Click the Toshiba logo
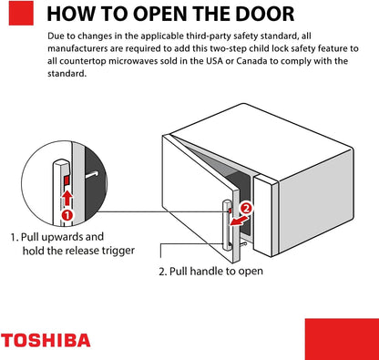pyautogui.click(x=46, y=340)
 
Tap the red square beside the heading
pyautogui.click(x=21, y=13)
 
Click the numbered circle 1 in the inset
pyautogui.click(x=67, y=215)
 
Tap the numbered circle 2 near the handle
pyautogui.click(x=246, y=209)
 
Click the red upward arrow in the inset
pyautogui.click(x=67, y=198)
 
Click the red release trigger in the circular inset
pyautogui.click(x=67, y=180)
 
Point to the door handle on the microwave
pyautogui.click(x=228, y=225)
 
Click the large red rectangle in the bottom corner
pyautogui.click(x=342, y=339)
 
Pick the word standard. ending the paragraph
pyautogui.click(x=67, y=74)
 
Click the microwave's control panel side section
pyautogui.click(x=266, y=215)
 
